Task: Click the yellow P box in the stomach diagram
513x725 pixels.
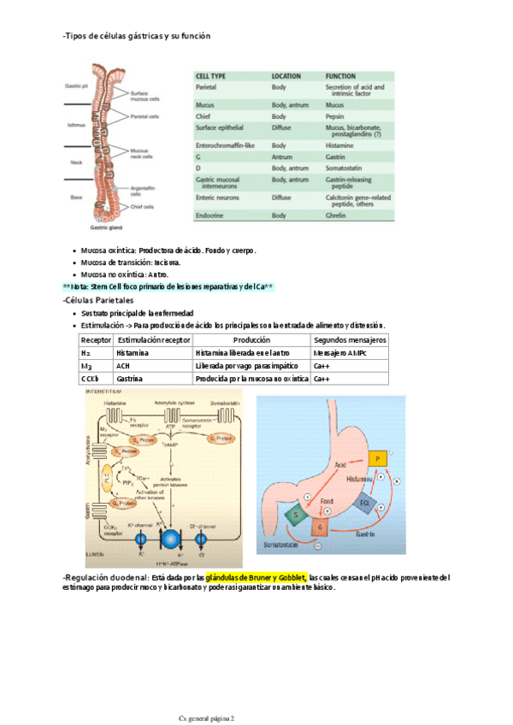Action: click(377, 460)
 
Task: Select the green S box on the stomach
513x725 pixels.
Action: click(298, 515)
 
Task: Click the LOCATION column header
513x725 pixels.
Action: click(286, 76)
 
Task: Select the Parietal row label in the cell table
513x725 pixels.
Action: click(206, 87)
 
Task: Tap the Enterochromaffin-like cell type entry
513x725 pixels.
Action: click(226, 146)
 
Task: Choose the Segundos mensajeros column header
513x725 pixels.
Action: click(351, 339)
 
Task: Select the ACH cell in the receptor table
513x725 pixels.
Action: click(123, 365)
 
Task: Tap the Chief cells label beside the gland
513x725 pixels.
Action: click(142, 206)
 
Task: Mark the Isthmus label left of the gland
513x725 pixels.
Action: click(77, 125)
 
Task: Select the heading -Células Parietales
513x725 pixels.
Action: click(98, 301)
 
